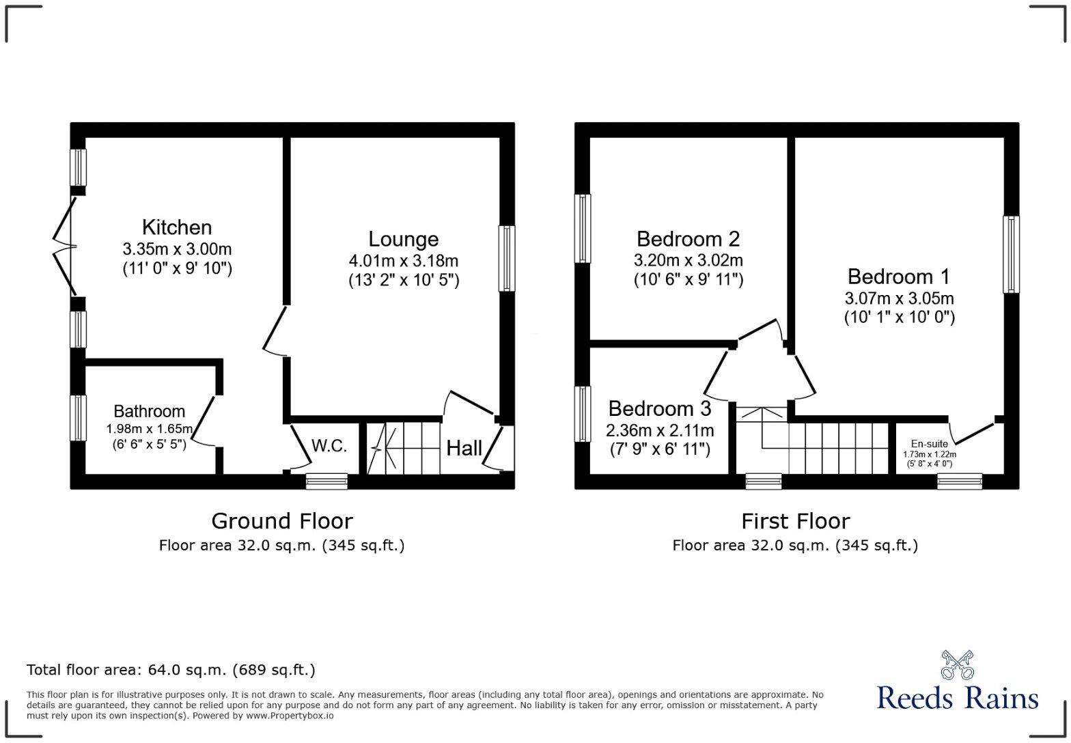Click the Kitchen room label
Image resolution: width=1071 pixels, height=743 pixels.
pyautogui.click(x=177, y=227)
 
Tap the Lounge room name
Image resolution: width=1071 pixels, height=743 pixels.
pyautogui.click(x=403, y=239)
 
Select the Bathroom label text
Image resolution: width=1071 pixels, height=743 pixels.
pyautogui.click(x=149, y=411)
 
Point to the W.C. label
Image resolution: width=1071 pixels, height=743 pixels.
pyautogui.click(x=329, y=447)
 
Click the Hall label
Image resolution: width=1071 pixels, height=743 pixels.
pyautogui.click(x=464, y=449)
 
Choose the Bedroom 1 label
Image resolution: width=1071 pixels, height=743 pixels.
pyautogui.click(x=898, y=277)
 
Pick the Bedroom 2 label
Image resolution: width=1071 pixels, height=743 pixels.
pyautogui.click(x=688, y=239)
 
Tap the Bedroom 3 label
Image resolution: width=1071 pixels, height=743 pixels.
pyautogui.click(x=659, y=408)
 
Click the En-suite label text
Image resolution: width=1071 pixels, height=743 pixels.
pyautogui.click(x=929, y=444)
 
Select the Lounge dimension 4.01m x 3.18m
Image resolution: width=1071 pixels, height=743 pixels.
pyautogui.click(x=403, y=260)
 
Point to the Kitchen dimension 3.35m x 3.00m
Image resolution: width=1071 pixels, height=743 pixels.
pyautogui.click(x=177, y=249)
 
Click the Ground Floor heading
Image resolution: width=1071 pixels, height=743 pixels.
pyautogui.click(x=281, y=521)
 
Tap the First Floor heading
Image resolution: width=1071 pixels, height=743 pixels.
pyautogui.click(x=795, y=521)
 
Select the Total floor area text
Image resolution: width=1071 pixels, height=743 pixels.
pyautogui.click(x=171, y=670)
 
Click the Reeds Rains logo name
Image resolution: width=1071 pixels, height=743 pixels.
pyautogui.click(x=957, y=699)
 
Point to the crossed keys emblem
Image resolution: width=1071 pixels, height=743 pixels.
pyautogui.click(x=957, y=664)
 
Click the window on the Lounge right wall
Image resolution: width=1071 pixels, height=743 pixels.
pyautogui.click(x=506, y=258)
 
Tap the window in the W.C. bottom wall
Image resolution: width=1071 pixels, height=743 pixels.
pyautogui.click(x=326, y=481)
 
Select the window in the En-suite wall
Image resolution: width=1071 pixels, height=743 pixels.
pyautogui.click(x=959, y=481)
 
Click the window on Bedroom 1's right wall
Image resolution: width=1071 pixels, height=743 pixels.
pyautogui.click(x=1010, y=255)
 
